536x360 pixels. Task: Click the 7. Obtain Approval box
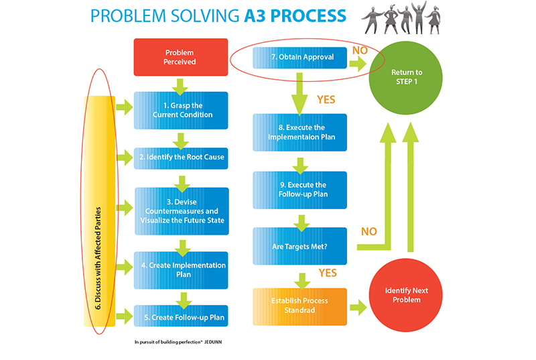pos(300,58)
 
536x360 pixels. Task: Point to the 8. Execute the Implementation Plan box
pos(299,132)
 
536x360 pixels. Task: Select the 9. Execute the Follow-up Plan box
pos(299,190)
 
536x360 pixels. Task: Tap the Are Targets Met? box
pos(299,246)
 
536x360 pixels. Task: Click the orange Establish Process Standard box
pos(299,306)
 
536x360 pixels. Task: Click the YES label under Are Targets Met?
pos(328,274)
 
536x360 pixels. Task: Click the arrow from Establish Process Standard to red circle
pos(358,306)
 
